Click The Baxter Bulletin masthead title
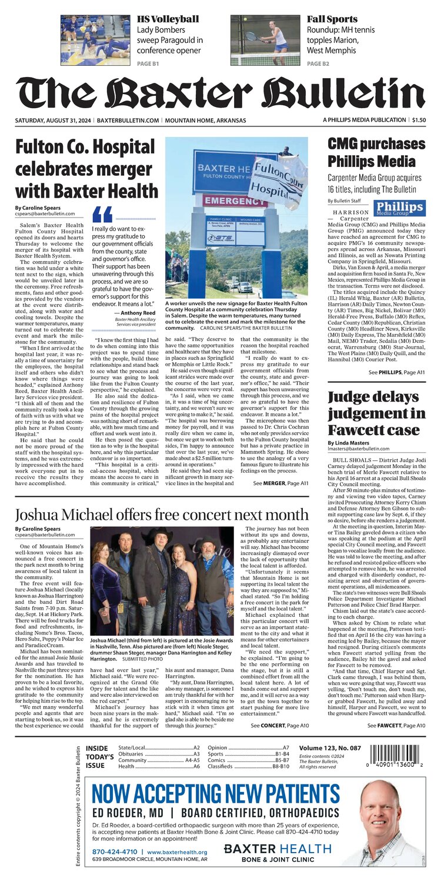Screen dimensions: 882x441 click(220, 93)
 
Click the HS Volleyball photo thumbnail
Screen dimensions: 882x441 click(95, 40)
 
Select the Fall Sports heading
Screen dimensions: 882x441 click(332, 19)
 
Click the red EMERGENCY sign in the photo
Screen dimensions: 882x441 click(235, 201)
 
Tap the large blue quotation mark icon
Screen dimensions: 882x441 click(102, 214)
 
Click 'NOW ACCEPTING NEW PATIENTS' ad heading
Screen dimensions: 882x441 click(216, 793)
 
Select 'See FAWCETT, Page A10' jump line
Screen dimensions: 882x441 click(396, 726)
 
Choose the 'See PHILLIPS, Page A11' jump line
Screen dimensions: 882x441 click(396, 372)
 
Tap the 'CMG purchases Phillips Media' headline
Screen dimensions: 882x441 click(376, 152)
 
